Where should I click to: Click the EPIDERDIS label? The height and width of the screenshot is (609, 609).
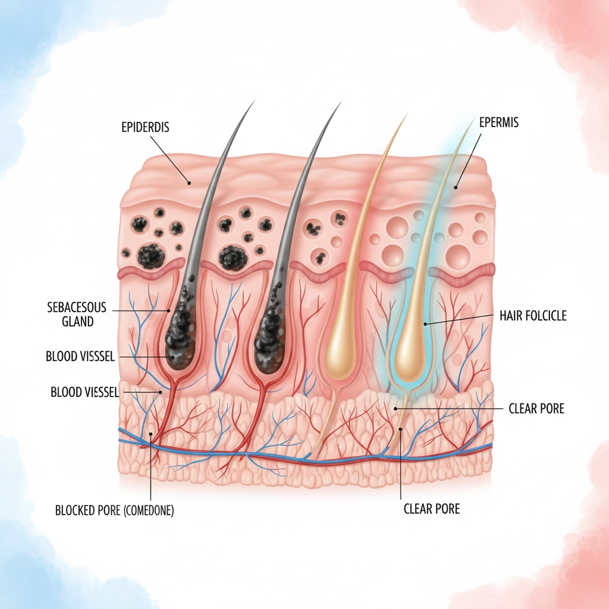(x=145, y=127)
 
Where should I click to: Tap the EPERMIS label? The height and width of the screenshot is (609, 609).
(x=498, y=123)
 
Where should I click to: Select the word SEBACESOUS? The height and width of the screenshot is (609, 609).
(x=76, y=307)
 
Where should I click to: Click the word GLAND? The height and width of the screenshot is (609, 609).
(x=78, y=322)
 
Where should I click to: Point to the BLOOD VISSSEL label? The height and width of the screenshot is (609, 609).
(x=80, y=356)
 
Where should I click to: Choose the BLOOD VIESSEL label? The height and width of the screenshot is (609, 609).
(x=85, y=392)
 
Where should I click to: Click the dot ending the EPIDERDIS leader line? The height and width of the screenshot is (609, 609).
(x=189, y=183)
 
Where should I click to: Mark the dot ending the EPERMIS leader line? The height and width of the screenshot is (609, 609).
(x=456, y=187)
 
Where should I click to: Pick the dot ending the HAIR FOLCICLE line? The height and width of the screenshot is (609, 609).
(x=426, y=324)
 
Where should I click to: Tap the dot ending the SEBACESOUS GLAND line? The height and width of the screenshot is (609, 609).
(x=169, y=310)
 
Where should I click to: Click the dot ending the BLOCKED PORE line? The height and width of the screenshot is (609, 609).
(x=150, y=435)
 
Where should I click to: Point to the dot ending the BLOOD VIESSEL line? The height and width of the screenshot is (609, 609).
(x=160, y=393)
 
